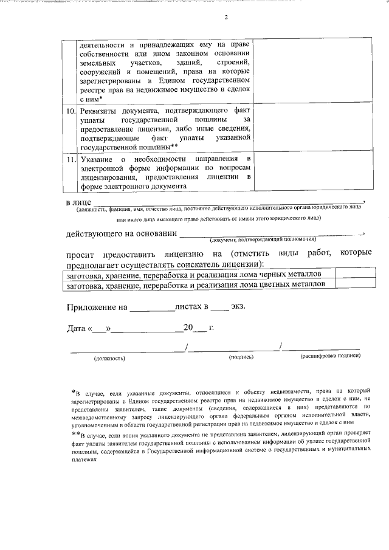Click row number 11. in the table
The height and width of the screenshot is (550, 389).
point(71,159)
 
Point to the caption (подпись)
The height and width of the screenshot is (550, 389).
point(241,357)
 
